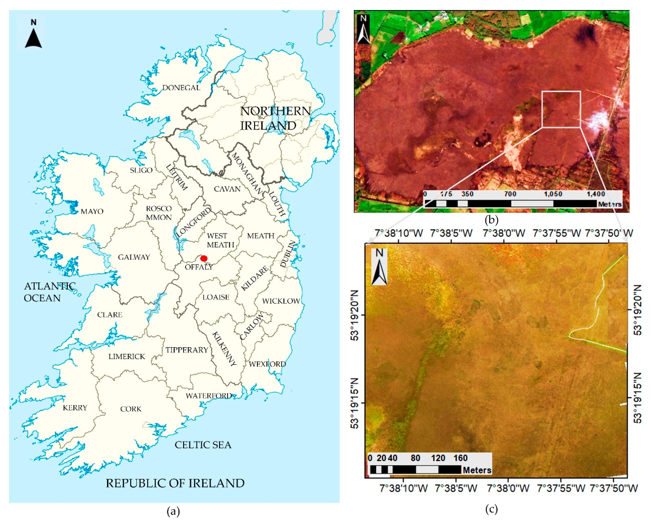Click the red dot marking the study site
tap(204, 258)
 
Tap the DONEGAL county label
tap(181, 88)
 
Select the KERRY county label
tap(75, 408)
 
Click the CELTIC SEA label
tap(203, 445)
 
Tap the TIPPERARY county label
tap(187, 350)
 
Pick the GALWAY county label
tap(134, 257)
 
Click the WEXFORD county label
tap(267, 364)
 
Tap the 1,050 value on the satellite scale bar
tap(553, 194)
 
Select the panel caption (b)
tap(491, 220)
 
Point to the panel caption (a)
tap(173, 511)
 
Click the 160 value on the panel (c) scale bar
tap(460, 458)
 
